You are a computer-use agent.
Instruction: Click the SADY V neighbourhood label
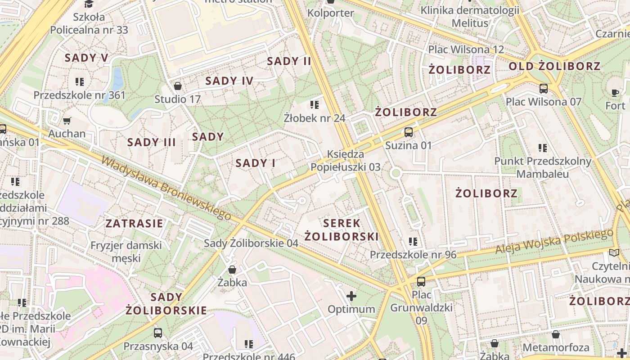point(86,58)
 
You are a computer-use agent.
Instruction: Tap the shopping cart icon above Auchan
point(67,120)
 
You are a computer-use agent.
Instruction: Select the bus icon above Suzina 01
point(408,132)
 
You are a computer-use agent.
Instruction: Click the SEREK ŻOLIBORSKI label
point(341,229)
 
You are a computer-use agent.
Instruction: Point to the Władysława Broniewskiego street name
point(166,188)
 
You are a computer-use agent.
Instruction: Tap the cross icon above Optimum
point(351,296)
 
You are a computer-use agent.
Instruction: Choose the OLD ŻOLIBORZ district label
point(554,67)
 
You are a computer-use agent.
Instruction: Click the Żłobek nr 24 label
point(315,118)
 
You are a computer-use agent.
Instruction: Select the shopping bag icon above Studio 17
point(178,85)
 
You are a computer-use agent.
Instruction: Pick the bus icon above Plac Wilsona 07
point(543,88)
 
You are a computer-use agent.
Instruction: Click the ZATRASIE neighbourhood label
point(134,223)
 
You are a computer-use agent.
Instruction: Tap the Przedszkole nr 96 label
point(413,255)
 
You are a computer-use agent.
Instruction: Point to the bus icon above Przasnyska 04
point(158,333)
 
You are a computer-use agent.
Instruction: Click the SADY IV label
point(229,81)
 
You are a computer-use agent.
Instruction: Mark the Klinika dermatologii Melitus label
point(470,17)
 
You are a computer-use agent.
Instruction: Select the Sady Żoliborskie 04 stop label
point(251,243)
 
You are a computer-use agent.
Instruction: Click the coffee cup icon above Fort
point(615,93)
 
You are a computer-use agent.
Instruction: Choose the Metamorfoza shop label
point(556,347)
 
